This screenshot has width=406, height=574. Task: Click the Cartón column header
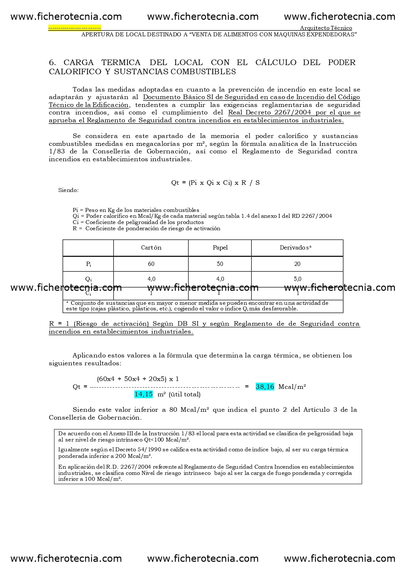click(x=151, y=248)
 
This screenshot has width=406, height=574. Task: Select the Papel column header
click(x=220, y=248)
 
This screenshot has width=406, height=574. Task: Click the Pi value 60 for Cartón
click(x=151, y=264)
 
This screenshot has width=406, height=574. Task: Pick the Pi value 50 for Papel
click(x=220, y=264)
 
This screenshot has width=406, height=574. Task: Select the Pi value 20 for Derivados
click(x=297, y=264)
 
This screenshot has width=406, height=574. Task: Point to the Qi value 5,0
click(x=297, y=279)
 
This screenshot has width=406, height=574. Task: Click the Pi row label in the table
click(x=88, y=264)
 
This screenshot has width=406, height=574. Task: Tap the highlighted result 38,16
click(x=265, y=387)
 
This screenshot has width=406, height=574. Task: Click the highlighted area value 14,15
click(x=143, y=394)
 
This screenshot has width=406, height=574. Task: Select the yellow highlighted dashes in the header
click(x=75, y=28)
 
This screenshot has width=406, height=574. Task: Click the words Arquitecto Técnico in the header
click(x=326, y=28)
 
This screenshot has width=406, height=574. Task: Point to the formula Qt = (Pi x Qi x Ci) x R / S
click(x=215, y=183)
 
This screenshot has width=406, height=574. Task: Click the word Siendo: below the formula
click(x=68, y=190)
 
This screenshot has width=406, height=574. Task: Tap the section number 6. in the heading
click(x=52, y=62)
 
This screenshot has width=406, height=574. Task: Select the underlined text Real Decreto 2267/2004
click(x=269, y=113)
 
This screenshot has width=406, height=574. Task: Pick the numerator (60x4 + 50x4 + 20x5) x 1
click(x=138, y=379)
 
